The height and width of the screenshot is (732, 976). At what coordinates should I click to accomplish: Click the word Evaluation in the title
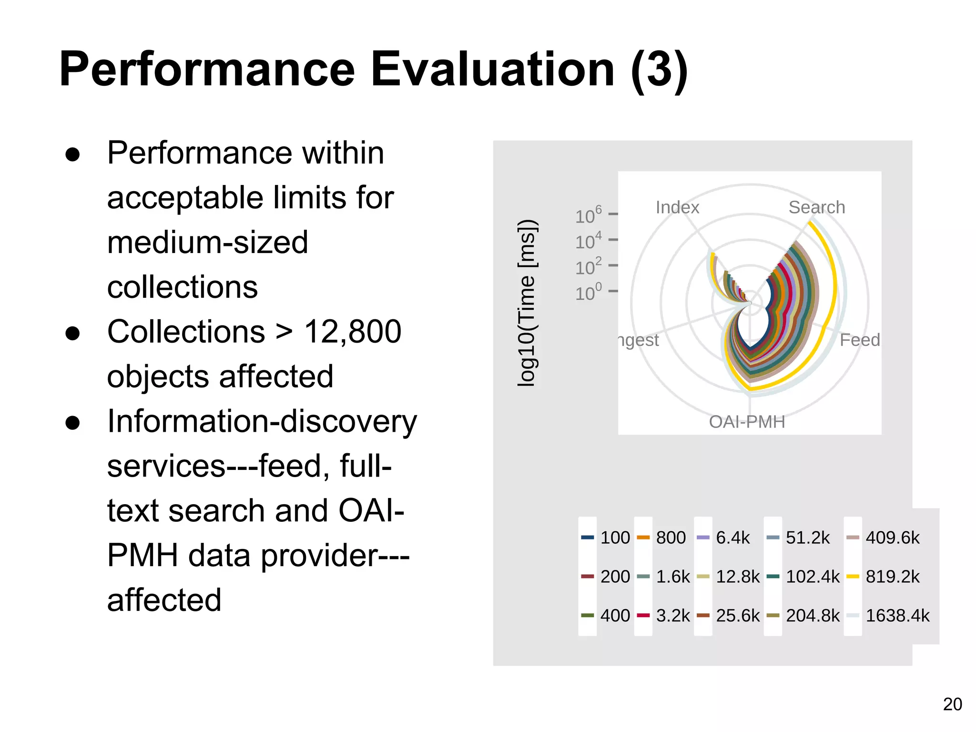coord(492,70)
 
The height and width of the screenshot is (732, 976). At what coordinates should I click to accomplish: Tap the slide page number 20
coord(952,704)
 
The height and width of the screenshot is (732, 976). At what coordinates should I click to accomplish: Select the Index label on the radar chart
coord(677,208)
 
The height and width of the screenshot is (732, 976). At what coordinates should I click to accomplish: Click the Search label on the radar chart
coord(816,208)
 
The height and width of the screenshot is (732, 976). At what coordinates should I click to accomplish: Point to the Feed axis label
coord(859,340)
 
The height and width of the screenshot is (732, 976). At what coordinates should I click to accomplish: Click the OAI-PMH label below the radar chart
coord(747,422)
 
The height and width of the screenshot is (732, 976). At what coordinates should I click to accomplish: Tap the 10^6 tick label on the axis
coord(589,216)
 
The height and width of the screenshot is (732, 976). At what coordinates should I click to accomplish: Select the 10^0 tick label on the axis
coord(589,293)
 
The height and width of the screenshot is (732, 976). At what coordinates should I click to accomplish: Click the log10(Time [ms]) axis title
coord(528,303)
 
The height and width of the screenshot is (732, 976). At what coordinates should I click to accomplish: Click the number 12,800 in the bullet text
coord(353,332)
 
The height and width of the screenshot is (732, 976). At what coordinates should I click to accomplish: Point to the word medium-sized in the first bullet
coord(208,243)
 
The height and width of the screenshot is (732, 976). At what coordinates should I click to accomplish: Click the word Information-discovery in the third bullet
coord(262,422)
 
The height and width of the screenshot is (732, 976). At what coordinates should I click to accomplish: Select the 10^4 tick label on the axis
coord(589,242)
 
